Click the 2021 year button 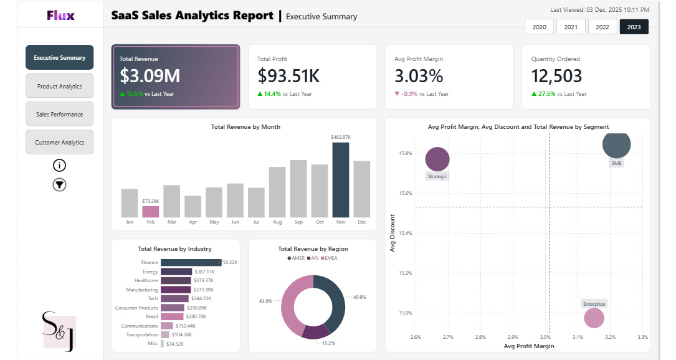pyautogui.click(x=571, y=27)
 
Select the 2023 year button pyautogui.click(x=634, y=27)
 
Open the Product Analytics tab pyautogui.click(x=59, y=86)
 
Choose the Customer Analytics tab pyautogui.click(x=59, y=142)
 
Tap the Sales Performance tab pyautogui.click(x=59, y=114)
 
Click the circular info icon pyautogui.click(x=59, y=165)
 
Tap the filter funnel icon pyautogui.click(x=59, y=184)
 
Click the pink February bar pyautogui.click(x=150, y=211)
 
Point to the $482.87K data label pyautogui.click(x=341, y=137)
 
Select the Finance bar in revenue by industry pyautogui.click(x=191, y=262)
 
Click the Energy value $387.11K pyautogui.click(x=204, y=272)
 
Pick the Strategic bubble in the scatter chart pyautogui.click(x=437, y=158)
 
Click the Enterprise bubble pyautogui.click(x=594, y=318)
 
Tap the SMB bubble pyautogui.click(x=616, y=144)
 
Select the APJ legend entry pyautogui.click(x=315, y=258)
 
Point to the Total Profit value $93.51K pyautogui.click(x=288, y=76)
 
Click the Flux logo pyautogui.click(x=60, y=15)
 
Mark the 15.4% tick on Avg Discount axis pyautogui.click(x=405, y=233)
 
